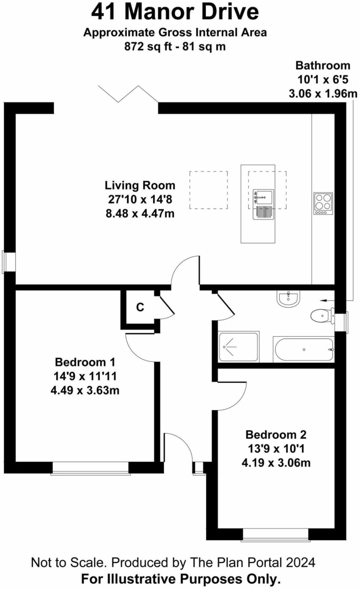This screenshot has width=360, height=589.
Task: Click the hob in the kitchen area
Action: click(323, 203)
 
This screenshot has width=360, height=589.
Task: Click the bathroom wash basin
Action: click(289, 298)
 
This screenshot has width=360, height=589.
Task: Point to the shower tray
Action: click(239, 347)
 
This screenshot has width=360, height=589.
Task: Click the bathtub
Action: click(304, 350)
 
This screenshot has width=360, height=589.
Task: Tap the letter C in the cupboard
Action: click(140, 307)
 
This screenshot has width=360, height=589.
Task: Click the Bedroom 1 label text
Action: click(85, 362)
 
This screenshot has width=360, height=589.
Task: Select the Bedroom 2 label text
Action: click(276, 435)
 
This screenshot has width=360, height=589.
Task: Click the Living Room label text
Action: click(140, 185)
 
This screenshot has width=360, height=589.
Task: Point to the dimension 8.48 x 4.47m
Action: click(140, 214)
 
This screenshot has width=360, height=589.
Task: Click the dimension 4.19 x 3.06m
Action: click(276, 463)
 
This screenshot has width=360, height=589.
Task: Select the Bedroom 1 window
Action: click(90, 468)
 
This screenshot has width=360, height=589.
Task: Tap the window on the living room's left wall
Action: click(9, 261)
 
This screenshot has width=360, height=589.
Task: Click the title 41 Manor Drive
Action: click(175, 12)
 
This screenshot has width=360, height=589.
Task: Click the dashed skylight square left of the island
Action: click(208, 190)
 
